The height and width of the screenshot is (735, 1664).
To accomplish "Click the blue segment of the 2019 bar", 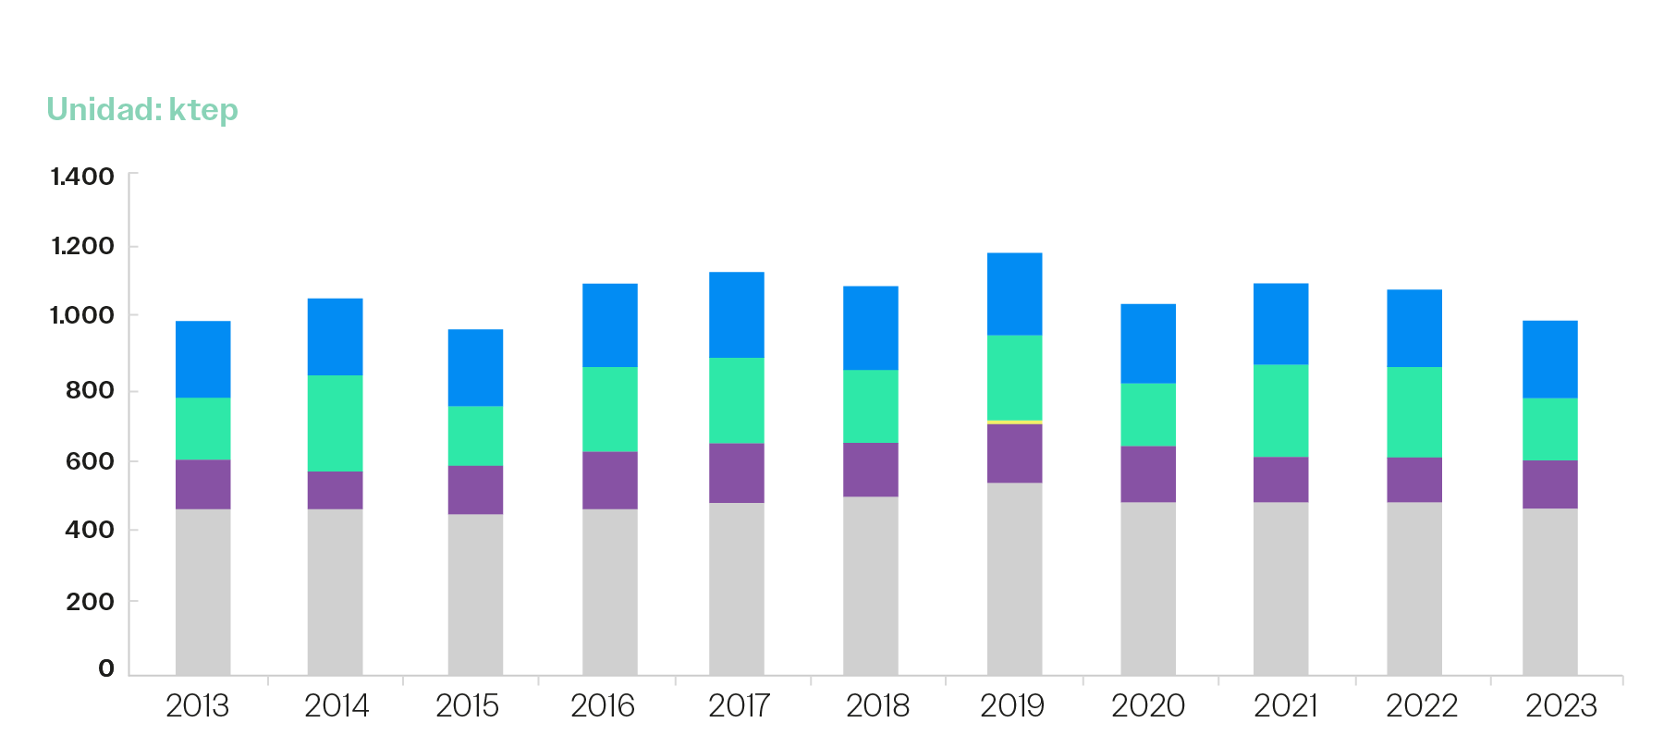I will (1014, 294).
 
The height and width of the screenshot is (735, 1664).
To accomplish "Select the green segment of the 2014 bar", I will (335, 423).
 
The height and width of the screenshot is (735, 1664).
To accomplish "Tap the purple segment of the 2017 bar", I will (737, 472).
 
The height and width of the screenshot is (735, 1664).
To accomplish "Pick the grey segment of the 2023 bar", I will (1549, 591).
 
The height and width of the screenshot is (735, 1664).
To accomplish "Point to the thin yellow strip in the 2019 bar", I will (1014, 422).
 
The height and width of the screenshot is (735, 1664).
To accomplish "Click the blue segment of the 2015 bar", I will (475, 367).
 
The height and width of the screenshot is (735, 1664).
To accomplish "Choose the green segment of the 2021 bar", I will (1280, 410).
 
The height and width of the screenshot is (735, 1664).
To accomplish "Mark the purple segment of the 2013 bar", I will (203, 484).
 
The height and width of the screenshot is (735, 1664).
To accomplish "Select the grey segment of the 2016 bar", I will (609, 591).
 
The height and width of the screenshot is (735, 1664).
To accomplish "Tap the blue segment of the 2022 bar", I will (1413, 328).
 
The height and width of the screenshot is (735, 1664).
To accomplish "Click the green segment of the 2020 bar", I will (1147, 414).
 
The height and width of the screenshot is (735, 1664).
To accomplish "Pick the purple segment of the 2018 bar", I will (870, 470).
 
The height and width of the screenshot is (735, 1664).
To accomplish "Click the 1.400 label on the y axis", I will (82, 177).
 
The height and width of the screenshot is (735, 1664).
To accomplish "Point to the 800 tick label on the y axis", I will (90, 390).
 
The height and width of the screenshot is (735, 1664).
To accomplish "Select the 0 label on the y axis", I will (106, 668).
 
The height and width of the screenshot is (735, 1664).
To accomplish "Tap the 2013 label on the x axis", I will (197, 706).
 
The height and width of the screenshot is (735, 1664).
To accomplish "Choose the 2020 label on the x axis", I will (1147, 706).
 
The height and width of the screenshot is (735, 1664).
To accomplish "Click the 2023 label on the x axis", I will (1560, 706).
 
